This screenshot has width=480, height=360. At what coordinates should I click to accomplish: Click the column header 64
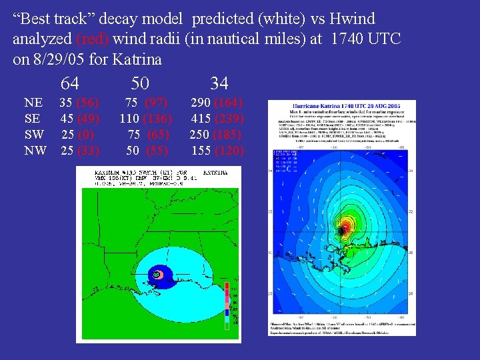coord(69,83)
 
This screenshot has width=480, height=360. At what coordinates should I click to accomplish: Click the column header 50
coord(139,83)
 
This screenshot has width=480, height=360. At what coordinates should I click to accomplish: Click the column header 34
coord(219,83)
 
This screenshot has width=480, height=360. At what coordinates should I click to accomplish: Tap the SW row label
coord(34,135)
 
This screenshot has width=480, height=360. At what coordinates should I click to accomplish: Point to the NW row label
coord(35,151)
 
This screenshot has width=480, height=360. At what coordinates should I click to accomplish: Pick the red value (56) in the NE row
coord(88,103)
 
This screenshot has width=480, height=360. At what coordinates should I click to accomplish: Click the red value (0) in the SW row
coord(86,135)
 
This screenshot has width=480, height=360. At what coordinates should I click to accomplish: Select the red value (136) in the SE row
coord(159,119)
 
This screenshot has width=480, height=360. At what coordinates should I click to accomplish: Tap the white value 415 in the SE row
coord(201,119)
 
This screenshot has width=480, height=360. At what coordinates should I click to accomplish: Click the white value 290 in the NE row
coord(202,103)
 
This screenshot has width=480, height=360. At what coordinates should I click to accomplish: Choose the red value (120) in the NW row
coord(229,151)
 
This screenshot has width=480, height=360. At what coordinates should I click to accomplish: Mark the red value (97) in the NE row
coord(157,103)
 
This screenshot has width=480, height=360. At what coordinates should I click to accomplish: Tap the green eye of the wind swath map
coord(156,273)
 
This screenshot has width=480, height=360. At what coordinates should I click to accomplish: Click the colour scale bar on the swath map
coord(227,303)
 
